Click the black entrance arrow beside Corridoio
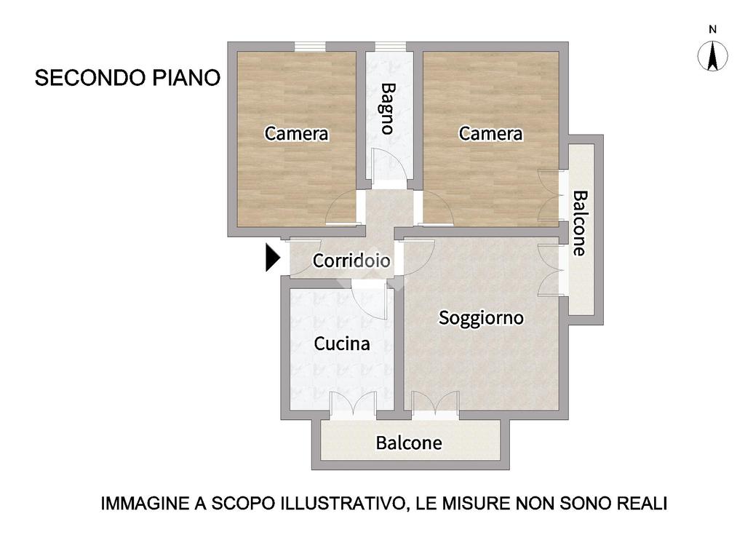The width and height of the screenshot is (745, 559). coord(272,258)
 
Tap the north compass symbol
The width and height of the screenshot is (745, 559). coord(712,55)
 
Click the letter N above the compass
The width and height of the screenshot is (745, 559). coord(712,29)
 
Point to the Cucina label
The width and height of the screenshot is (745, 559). coord(342,344)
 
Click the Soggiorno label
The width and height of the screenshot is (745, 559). coord(481,318)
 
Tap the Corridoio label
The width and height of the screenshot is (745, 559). coord(351,260)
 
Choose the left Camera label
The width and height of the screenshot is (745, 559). coord(296,134)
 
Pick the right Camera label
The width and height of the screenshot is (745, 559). coord(490,134)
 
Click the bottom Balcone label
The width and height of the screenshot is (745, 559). coord(409,443)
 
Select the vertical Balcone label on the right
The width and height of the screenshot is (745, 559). coord(580,223)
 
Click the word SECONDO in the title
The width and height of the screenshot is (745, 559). coord(90,77)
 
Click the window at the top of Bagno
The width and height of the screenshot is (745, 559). coord(391,47)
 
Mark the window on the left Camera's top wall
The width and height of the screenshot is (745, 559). coord(310,47)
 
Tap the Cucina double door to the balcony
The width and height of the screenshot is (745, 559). coord(353,405)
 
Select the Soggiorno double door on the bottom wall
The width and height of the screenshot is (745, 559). coord(435,405)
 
